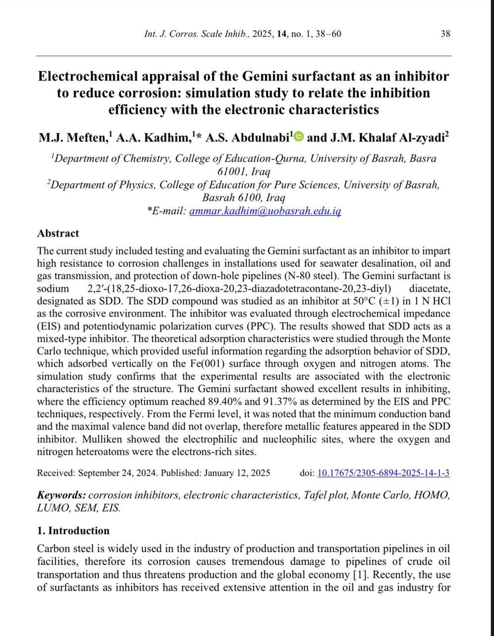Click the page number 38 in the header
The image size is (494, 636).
(445, 34)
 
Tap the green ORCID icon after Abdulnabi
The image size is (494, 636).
(298, 136)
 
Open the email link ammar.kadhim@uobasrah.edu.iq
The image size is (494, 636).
(265, 211)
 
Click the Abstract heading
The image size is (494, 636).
(58, 233)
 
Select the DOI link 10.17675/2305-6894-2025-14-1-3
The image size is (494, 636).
(383, 473)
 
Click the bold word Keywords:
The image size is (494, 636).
(62, 495)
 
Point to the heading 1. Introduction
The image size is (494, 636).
(73, 531)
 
